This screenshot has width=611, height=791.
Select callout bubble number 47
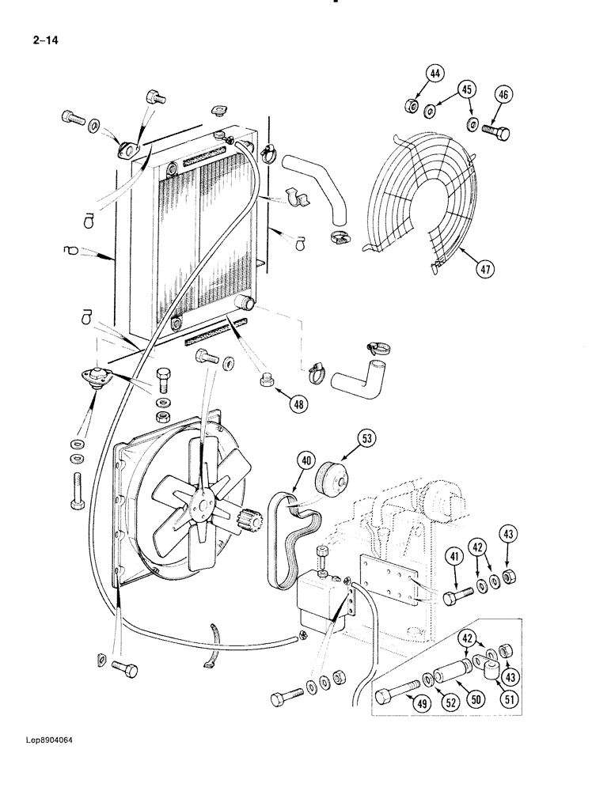point(485,270)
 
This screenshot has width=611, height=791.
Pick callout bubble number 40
point(306,461)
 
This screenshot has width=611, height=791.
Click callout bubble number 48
point(298,405)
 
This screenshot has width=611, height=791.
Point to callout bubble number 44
point(433,74)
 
